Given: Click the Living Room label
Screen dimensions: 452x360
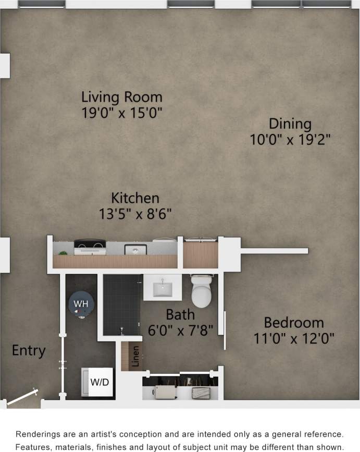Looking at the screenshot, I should [x=122, y=97].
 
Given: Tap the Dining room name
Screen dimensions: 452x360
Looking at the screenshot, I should [x=290, y=124].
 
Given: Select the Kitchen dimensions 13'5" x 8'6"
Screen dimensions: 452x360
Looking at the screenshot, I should [x=135, y=213].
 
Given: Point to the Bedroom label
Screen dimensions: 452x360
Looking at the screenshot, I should [x=293, y=322].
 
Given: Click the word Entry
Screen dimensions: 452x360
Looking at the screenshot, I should [x=29, y=351].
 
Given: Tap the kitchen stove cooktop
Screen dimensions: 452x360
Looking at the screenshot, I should [x=90, y=247].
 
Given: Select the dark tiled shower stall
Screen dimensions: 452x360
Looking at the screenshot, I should [x=121, y=305].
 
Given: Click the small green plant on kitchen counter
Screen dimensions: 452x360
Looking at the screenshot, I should [x=63, y=253].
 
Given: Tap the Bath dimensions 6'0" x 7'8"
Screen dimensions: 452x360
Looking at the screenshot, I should [x=180, y=331].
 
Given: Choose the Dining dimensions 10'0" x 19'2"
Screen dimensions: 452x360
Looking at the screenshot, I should [x=290, y=140].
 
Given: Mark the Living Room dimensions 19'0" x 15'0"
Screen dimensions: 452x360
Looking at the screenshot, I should [x=122, y=113].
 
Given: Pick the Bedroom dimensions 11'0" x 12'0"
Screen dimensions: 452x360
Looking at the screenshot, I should [x=293, y=338].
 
